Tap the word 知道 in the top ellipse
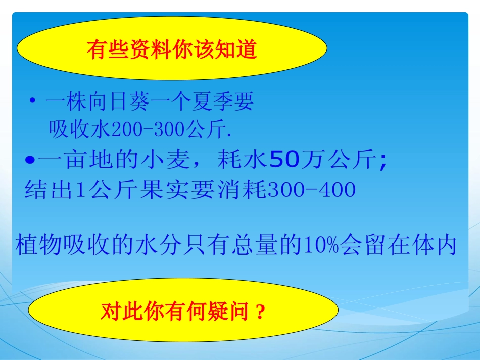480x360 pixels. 240,50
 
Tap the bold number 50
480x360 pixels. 284,161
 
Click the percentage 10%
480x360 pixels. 318,245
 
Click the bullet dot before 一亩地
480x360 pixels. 29,161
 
